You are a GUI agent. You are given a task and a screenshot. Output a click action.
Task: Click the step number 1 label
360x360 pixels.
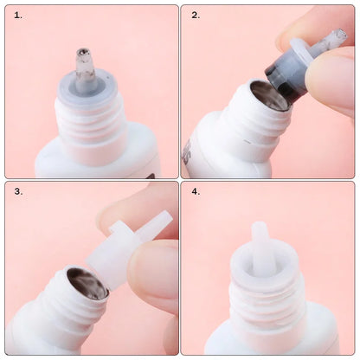click(18, 16)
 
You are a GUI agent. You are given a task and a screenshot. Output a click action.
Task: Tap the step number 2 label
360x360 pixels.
click(196, 16)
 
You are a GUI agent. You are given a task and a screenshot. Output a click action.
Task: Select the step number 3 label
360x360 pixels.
click(18, 191)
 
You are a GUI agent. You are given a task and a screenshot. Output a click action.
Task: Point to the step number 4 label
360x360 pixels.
click(196, 191)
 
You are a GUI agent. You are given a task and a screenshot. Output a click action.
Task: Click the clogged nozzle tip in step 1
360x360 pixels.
click(84, 59)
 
